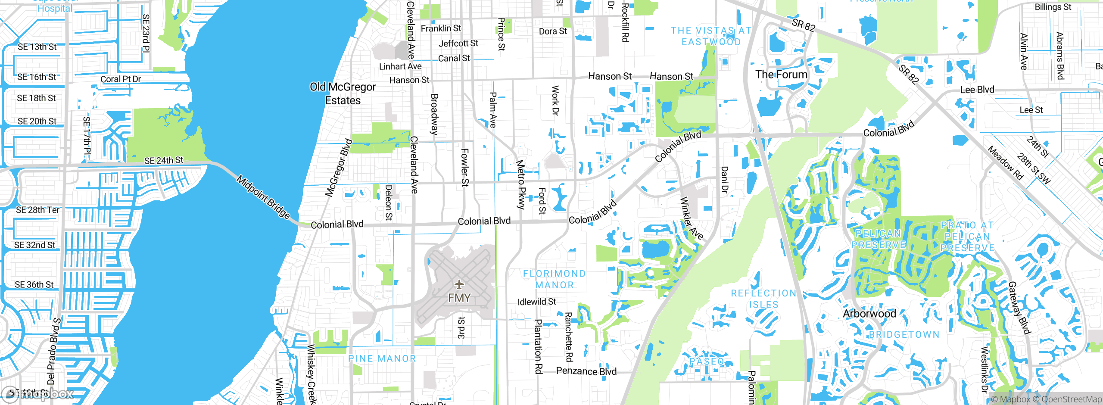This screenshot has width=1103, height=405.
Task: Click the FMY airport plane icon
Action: tap(459, 284)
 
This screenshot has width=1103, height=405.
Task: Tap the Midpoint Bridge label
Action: tap(263, 197)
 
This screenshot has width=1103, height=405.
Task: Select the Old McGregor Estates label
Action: tap(343, 93)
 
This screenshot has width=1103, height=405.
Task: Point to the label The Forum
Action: tap(781, 75)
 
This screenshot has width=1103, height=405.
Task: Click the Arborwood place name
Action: tap(869, 314)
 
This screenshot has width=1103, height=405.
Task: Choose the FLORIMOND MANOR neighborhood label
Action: tap(555, 279)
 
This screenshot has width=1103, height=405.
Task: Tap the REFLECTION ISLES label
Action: tap(763, 299)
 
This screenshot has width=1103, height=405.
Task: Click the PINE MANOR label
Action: tap(382, 358)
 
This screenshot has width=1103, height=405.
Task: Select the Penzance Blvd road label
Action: tap(586, 371)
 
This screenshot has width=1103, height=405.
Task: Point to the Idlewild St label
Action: tap(536, 302)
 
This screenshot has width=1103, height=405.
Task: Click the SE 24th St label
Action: tap(163, 161)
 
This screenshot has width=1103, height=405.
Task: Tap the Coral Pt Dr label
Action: tap(121, 79)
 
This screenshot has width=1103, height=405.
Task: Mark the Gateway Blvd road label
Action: tap(1019, 308)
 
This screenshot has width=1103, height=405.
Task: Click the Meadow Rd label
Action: tap(1005, 163)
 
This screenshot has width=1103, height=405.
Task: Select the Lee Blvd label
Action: tap(977, 90)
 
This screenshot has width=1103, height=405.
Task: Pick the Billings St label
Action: tap(1053, 7)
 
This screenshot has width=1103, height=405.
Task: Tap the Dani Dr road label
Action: tap(724, 180)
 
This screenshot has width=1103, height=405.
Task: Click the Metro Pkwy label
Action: tap(521, 184)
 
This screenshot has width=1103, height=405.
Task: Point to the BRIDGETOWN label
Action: tap(904, 335)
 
